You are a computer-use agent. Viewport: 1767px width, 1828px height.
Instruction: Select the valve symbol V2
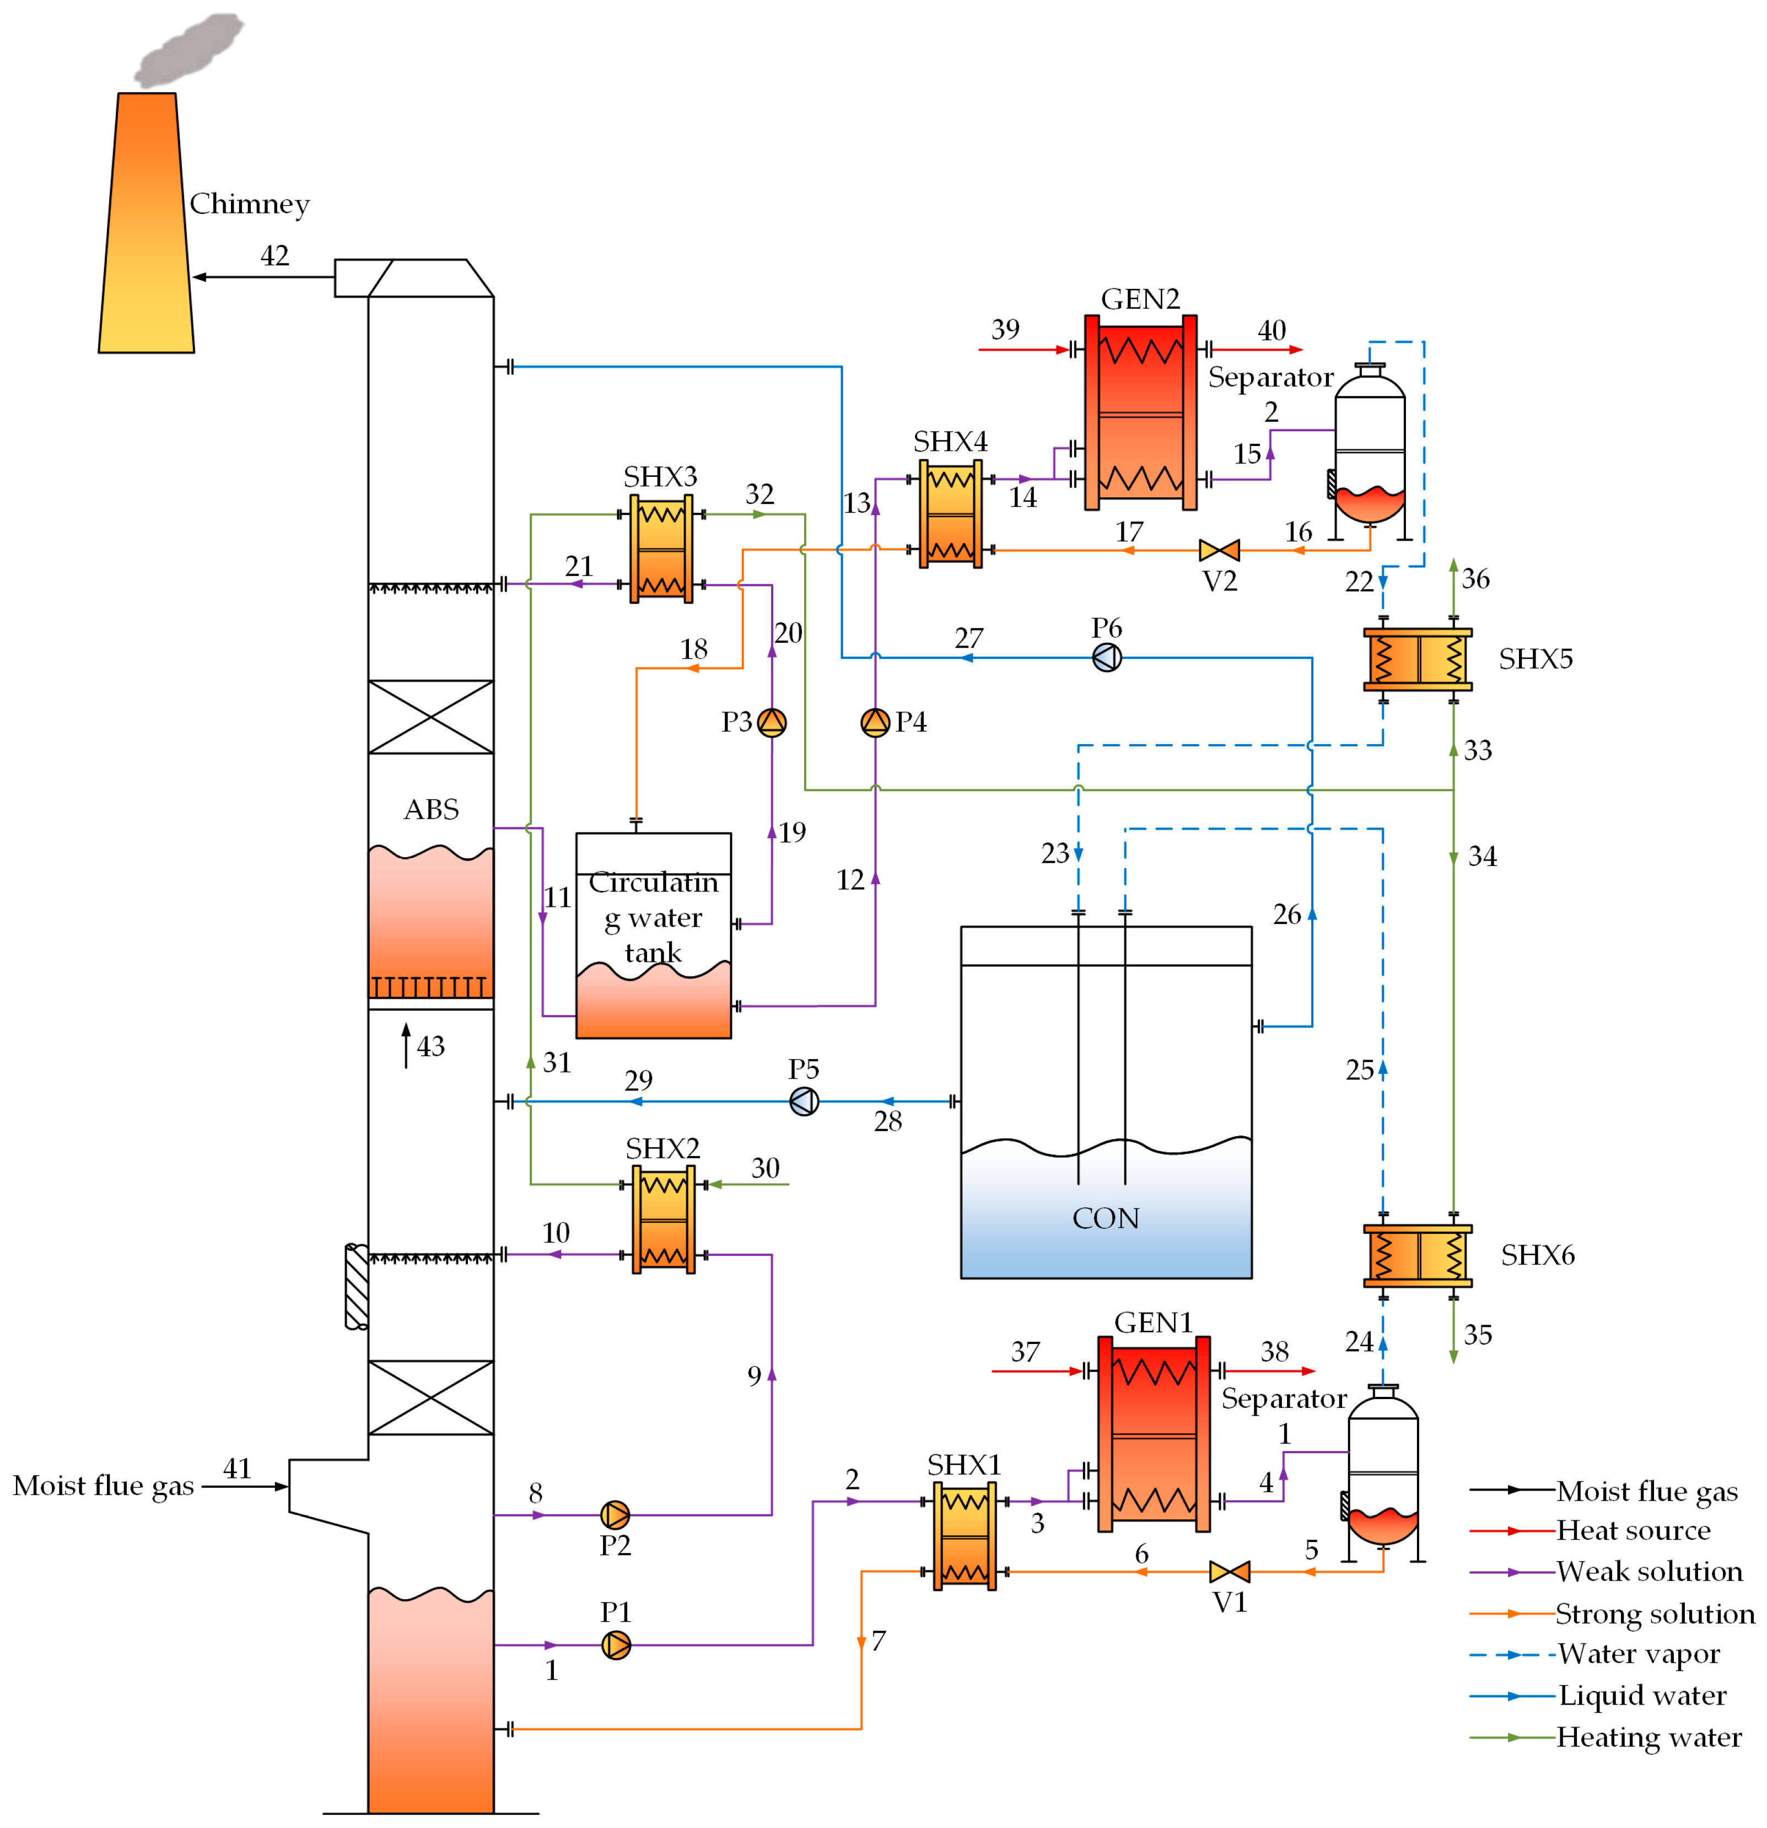point(1219,550)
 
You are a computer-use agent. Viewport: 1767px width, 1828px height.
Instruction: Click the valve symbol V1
point(1229,1572)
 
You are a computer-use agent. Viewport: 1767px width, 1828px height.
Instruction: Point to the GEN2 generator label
point(1139,299)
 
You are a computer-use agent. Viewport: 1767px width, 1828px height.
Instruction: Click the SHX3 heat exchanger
point(661,549)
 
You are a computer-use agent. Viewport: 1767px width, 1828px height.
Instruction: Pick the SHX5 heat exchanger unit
point(1418,659)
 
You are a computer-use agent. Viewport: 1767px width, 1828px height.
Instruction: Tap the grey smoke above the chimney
point(189,50)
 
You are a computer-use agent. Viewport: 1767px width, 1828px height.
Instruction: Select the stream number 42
point(274,256)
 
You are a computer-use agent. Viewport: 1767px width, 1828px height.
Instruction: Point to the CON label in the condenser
point(1105,1218)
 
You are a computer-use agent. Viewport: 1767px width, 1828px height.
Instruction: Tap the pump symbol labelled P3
point(771,722)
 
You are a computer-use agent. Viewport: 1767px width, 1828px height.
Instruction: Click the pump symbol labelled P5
point(804,1101)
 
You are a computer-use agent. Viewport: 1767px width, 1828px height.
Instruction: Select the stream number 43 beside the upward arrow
point(430,1046)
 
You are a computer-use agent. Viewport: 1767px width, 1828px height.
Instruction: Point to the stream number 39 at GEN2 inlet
point(1004,329)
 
